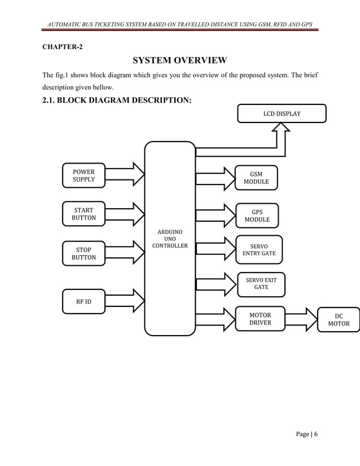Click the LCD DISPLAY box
(282, 113)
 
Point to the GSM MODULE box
(256, 178)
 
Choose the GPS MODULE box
(257, 216)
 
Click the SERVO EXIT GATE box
(261, 284)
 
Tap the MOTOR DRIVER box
(260, 319)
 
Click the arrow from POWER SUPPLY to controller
(124, 174)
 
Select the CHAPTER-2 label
(62, 46)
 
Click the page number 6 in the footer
(316, 434)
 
